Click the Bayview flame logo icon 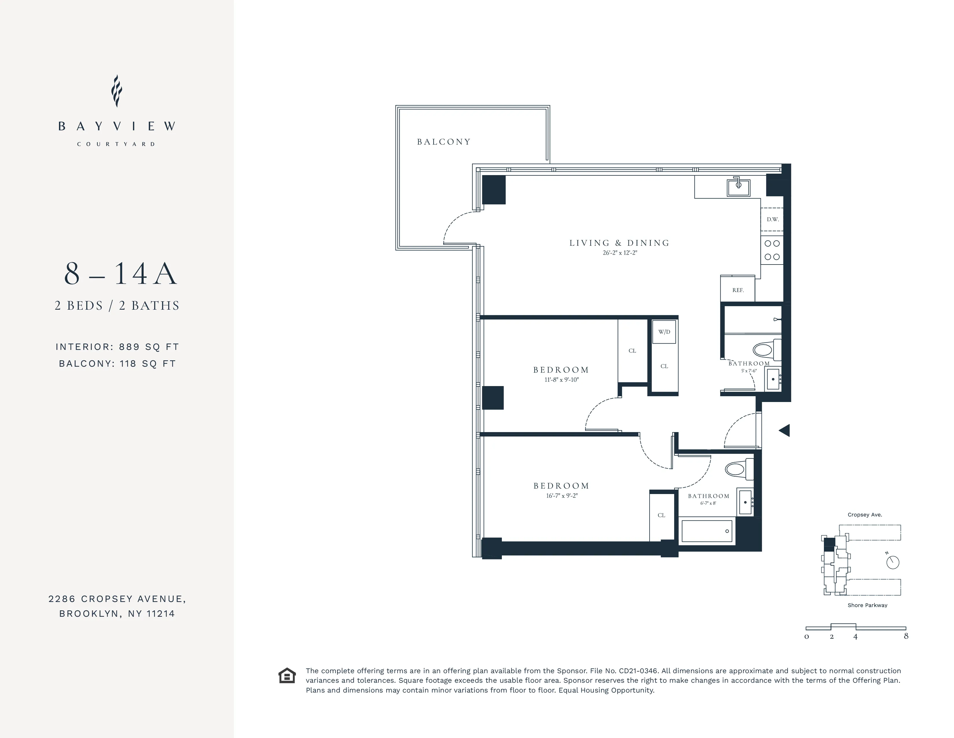pos(116,91)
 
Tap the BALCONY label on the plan pos(443,142)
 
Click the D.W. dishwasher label pos(772,219)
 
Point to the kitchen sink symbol pos(738,187)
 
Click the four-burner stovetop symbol pos(772,250)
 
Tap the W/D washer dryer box pos(664,332)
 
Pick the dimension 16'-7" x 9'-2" pos(561,495)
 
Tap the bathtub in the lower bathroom pos(706,531)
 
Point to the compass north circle pos(892,562)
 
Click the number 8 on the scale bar pos(906,636)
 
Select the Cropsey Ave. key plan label pos(864,515)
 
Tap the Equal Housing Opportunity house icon pos(287,675)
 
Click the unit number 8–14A pos(120,274)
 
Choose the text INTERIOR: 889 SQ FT pos(117,347)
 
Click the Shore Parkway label pos(867,605)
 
